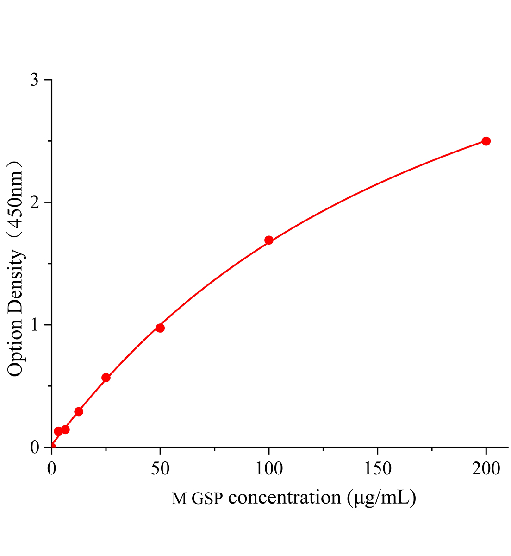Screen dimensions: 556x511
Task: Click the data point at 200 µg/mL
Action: [486, 141]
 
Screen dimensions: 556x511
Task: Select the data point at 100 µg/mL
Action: [269, 240]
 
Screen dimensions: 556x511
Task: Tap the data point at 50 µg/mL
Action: [160, 328]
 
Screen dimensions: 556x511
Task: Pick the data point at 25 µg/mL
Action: [106, 378]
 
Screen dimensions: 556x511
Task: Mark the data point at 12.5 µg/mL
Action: [79, 411]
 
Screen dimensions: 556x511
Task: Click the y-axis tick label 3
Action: [34, 80]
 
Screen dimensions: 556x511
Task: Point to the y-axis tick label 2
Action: [34, 202]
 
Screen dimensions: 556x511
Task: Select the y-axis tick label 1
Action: [34, 325]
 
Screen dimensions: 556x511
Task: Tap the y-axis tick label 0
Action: [34, 447]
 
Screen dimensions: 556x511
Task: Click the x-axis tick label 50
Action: [160, 468]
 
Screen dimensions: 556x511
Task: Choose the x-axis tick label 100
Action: [269, 468]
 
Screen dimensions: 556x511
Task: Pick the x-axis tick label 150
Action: [377, 468]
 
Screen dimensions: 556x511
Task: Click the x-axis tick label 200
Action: [486, 468]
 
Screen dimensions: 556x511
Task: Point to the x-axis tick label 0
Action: [51, 468]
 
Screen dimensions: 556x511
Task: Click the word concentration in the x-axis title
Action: [285, 498]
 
